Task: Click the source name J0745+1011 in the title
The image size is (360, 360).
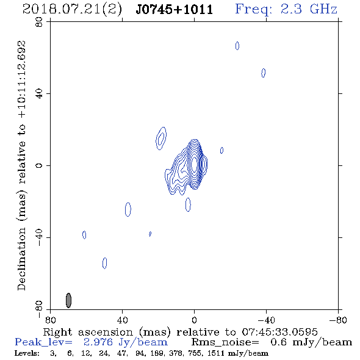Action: (175, 9)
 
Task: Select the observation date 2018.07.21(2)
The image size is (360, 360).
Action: (72, 9)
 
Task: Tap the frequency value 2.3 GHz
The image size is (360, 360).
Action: (309, 9)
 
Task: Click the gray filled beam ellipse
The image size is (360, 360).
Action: (68, 300)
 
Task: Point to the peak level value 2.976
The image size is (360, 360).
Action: (98, 342)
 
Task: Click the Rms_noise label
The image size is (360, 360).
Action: (225, 342)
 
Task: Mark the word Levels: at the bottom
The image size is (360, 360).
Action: (27, 353)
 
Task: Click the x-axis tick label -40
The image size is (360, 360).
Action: (266, 320)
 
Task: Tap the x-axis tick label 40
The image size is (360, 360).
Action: (122, 320)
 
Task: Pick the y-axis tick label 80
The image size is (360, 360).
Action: (39, 22)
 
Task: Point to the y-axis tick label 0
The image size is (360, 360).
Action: (39, 165)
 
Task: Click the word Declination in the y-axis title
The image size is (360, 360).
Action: (21, 259)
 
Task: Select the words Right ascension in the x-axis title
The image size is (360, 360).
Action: (88, 332)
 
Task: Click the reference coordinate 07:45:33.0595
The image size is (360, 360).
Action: (280, 332)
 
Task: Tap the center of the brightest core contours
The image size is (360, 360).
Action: (194, 164)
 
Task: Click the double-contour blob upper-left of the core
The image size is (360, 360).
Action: (161, 139)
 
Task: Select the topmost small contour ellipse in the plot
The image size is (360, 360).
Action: (237, 46)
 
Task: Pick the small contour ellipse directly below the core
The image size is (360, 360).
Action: (188, 204)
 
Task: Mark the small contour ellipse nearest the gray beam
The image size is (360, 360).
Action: (104, 263)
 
